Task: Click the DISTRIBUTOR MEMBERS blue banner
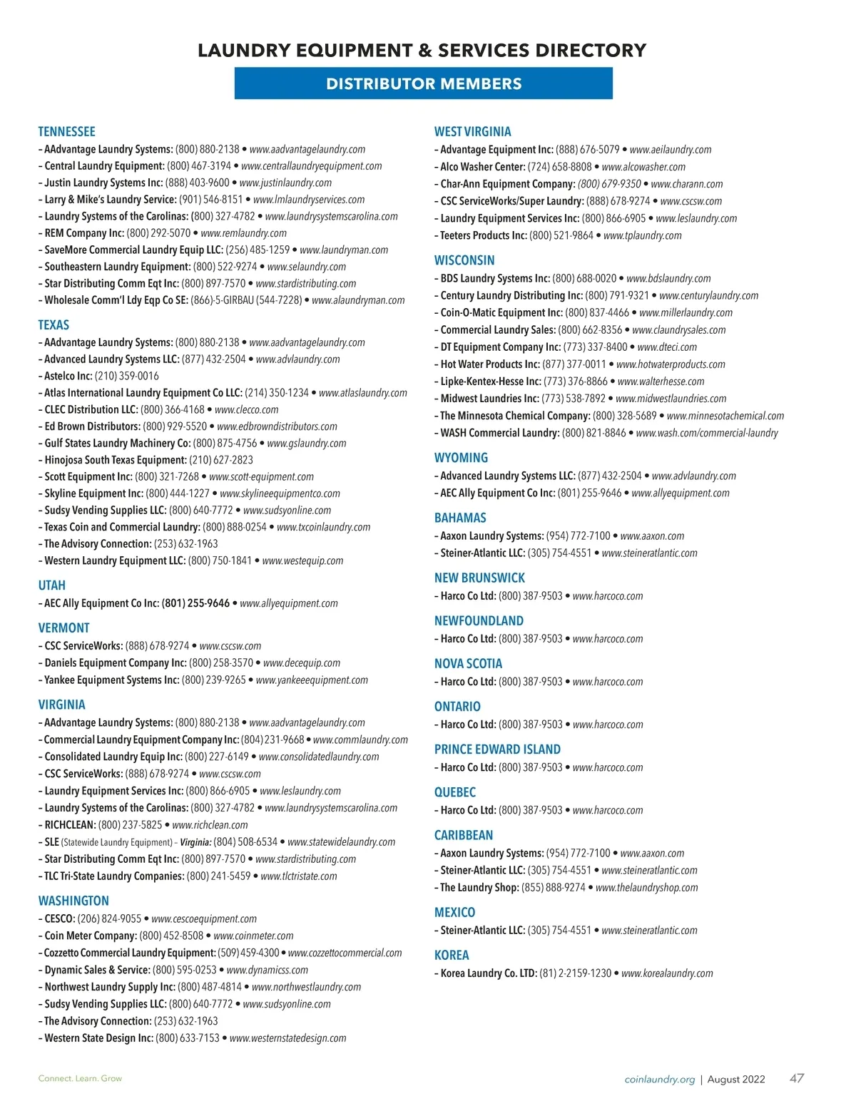[423, 83]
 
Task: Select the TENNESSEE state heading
[66, 132]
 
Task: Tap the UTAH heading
[51, 585]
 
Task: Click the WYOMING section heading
[461, 458]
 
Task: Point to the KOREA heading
[452, 956]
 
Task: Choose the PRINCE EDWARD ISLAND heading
[497, 749]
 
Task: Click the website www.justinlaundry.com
[285, 183]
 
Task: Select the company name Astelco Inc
[68, 376]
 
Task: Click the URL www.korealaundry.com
[667, 973]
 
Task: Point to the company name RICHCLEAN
[69, 825]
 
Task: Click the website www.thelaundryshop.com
[646, 888]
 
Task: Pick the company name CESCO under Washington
[59, 919]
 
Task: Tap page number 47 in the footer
[797, 1078]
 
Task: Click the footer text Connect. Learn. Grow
[80, 1078]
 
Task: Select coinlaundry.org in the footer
[659, 1080]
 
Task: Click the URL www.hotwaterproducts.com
[671, 364]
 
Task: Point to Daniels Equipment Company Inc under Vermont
[115, 663]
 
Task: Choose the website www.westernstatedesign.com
[287, 1038]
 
